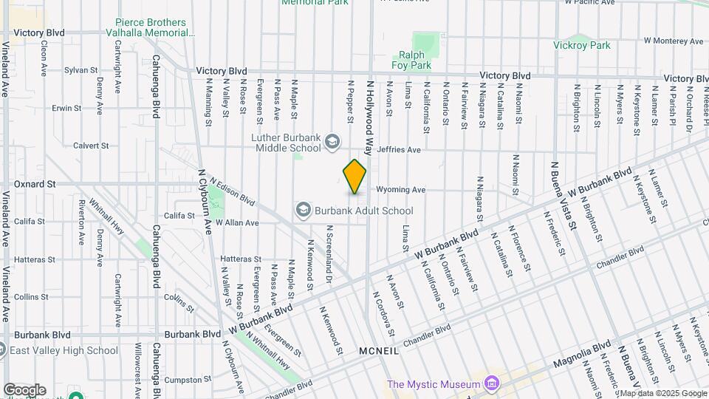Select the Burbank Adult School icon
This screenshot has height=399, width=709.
(x=303, y=211)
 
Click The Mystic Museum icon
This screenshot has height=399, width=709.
(x=490, y=383)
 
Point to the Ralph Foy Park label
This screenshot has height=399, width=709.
(x=415, y=60)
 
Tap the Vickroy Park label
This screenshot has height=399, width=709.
(x=582, y=45)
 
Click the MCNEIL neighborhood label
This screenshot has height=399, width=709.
(x=379, y=351)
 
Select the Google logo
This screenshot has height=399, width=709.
(x=24, y=389)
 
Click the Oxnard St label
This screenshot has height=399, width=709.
(x=35, y=183)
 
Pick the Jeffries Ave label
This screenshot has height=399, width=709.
(x=399, y=150)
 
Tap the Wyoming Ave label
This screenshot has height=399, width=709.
(x=401, y=190)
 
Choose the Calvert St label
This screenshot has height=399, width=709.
(x=91, y=146)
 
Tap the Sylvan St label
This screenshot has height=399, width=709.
(x=81, y=70)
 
